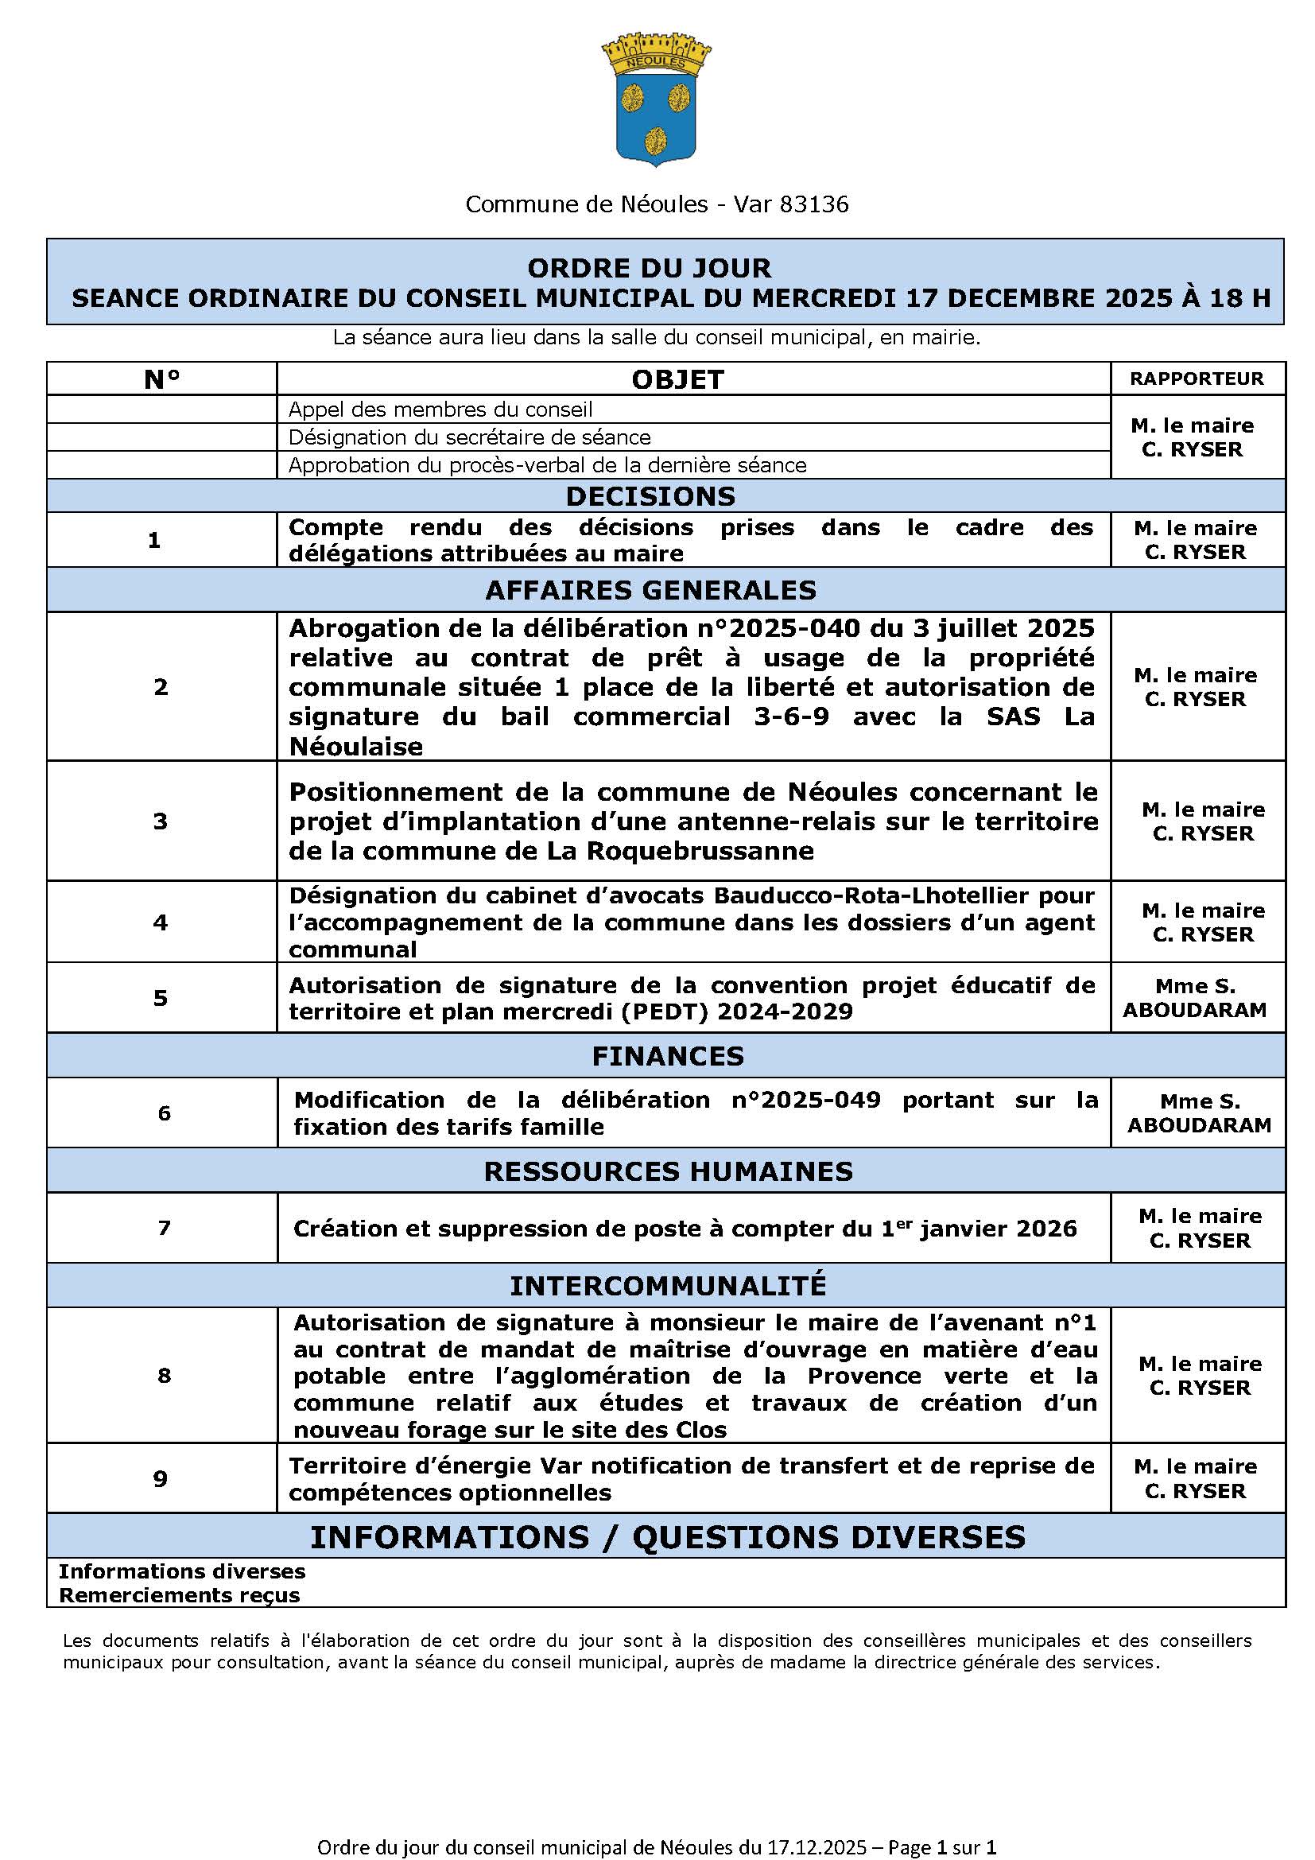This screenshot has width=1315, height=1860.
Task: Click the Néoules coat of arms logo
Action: [x=656, y=99]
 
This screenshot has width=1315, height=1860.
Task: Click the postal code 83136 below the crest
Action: [x=814, y=204]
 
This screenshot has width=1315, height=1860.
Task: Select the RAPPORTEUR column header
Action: [x=1196, y=379]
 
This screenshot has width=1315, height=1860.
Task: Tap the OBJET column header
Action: [x=677, y=379]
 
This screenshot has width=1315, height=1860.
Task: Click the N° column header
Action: [x=161, y=379]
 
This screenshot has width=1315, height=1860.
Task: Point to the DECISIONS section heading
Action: [x=650, y=495]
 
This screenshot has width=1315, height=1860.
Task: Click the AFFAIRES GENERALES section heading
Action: [x=650, y=590]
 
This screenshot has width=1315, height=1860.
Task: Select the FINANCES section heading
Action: [x=667, y=1055]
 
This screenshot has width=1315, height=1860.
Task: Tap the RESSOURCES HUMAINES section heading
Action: [x=667, y=1171]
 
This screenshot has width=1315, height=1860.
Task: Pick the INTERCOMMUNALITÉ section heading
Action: [x=667, y=1286]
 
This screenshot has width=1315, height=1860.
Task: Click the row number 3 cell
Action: [x=161, y=821]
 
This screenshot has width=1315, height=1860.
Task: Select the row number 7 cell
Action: [x=164, y=1227]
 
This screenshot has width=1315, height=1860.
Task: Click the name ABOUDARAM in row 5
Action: [x=1194, y=1010]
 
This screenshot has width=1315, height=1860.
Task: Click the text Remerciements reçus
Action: [x=179, y=1595]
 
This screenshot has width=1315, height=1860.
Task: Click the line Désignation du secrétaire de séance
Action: [x=470, y=437]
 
